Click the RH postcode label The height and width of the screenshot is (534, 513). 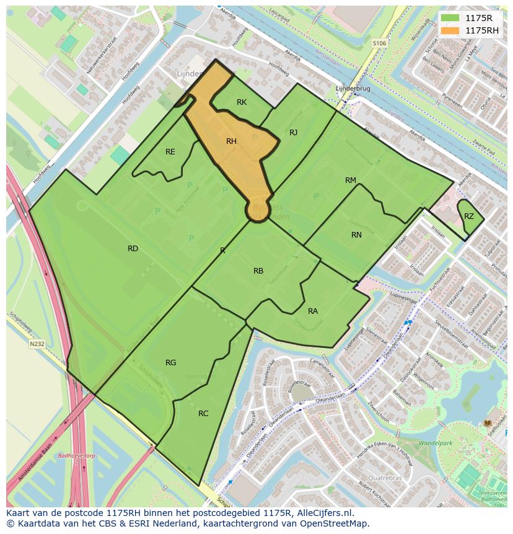pos(231,141)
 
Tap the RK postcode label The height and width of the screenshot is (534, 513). pos(242,102)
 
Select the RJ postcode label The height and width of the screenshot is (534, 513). pos(293,132)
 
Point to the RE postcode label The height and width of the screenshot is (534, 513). pos(170,152)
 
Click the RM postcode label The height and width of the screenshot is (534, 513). pos(351,180)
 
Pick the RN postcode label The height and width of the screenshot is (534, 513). pos(356,235)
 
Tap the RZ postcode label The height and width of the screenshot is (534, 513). pos(469,216)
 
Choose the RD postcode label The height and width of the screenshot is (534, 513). pos(133,249)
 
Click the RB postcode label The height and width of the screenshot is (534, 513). pos(258,271)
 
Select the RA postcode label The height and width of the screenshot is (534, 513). pos(313,311)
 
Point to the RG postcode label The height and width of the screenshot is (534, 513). pos(171,363)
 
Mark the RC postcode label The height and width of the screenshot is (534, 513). pos(203,414)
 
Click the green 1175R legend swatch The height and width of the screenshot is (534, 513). pos(450,18)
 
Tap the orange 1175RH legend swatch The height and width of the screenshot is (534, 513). pos(450,30)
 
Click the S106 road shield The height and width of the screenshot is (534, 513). pos(379,43)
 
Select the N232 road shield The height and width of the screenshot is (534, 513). pos(36,344)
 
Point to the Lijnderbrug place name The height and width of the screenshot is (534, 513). pos(353,89)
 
